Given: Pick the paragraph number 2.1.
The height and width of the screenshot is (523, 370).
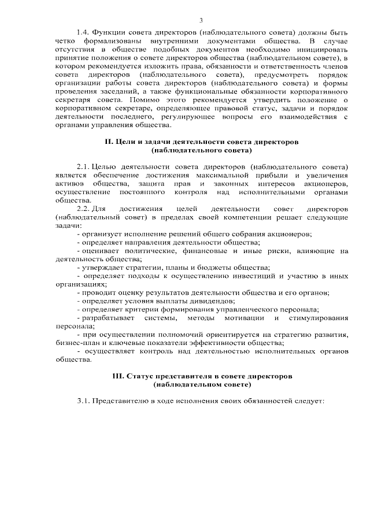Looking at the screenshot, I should click(84, 166).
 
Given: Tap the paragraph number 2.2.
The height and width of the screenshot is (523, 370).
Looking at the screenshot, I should click(84, 209).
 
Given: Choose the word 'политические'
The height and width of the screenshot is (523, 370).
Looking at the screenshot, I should click(150, 251).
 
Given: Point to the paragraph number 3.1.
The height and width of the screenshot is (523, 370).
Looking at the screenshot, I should click(84, 401).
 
